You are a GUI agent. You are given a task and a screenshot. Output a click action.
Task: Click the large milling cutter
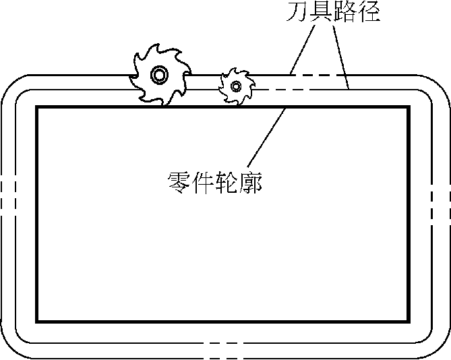tap(159, 74)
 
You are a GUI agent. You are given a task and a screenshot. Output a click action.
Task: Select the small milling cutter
tap(235, 86)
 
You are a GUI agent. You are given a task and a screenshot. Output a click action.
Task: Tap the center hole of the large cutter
tap(159, 74)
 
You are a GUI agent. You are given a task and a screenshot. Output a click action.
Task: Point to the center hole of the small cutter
tap(235, 86)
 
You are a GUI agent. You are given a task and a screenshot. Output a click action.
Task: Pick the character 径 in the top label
tap(368, 12)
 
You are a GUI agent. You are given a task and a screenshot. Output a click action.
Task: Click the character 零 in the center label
tap(177, 181)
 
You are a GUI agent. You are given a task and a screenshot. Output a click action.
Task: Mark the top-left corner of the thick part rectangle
tap(37, 108)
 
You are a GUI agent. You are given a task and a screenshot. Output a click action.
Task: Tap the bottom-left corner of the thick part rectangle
tap(37, 321)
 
